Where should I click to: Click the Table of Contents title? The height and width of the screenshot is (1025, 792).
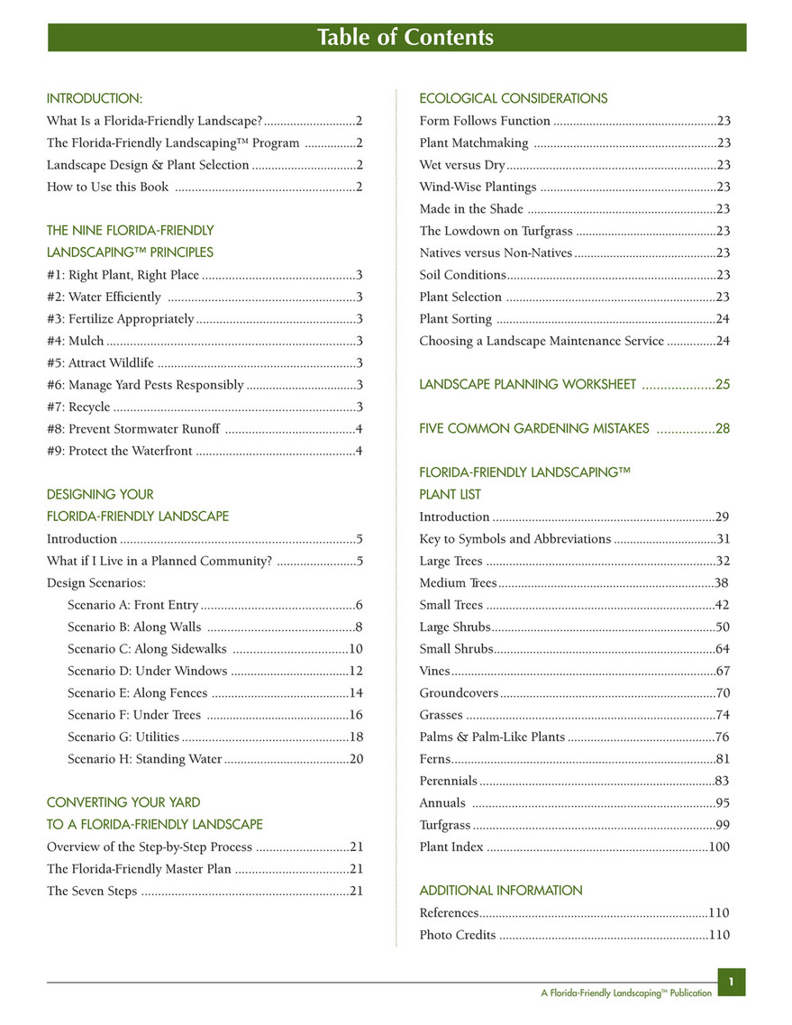tap(405, 37)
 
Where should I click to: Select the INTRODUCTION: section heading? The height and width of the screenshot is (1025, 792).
tap(95, 98)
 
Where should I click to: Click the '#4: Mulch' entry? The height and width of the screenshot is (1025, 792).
tap(76, 341)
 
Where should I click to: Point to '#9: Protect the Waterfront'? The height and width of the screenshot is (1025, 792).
tap(119, 451)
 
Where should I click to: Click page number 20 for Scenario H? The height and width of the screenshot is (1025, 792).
tap(356, 759)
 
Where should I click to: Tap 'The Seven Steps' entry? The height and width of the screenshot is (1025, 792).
tap(92, 892)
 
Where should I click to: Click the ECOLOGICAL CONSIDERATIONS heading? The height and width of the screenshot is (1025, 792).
tap(514, 98)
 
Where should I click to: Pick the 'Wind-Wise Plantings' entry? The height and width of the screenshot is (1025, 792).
tap(478, 188)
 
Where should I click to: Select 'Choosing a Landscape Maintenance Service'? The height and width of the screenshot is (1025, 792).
tap(542, 341)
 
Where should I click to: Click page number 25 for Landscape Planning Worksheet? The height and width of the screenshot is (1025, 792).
tap(723, 385)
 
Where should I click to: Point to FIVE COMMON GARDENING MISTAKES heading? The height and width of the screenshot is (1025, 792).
tap(534, 429)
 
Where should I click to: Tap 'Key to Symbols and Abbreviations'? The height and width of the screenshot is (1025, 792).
tap(515, 539)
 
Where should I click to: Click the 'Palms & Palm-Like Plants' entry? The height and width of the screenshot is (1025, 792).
tap(492, 737)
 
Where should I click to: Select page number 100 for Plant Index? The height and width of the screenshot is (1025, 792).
tap(719, 847)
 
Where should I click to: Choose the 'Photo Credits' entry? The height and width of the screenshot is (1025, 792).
tap(458, 935)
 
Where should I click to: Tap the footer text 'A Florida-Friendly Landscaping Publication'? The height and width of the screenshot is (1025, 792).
tap(626, 993)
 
